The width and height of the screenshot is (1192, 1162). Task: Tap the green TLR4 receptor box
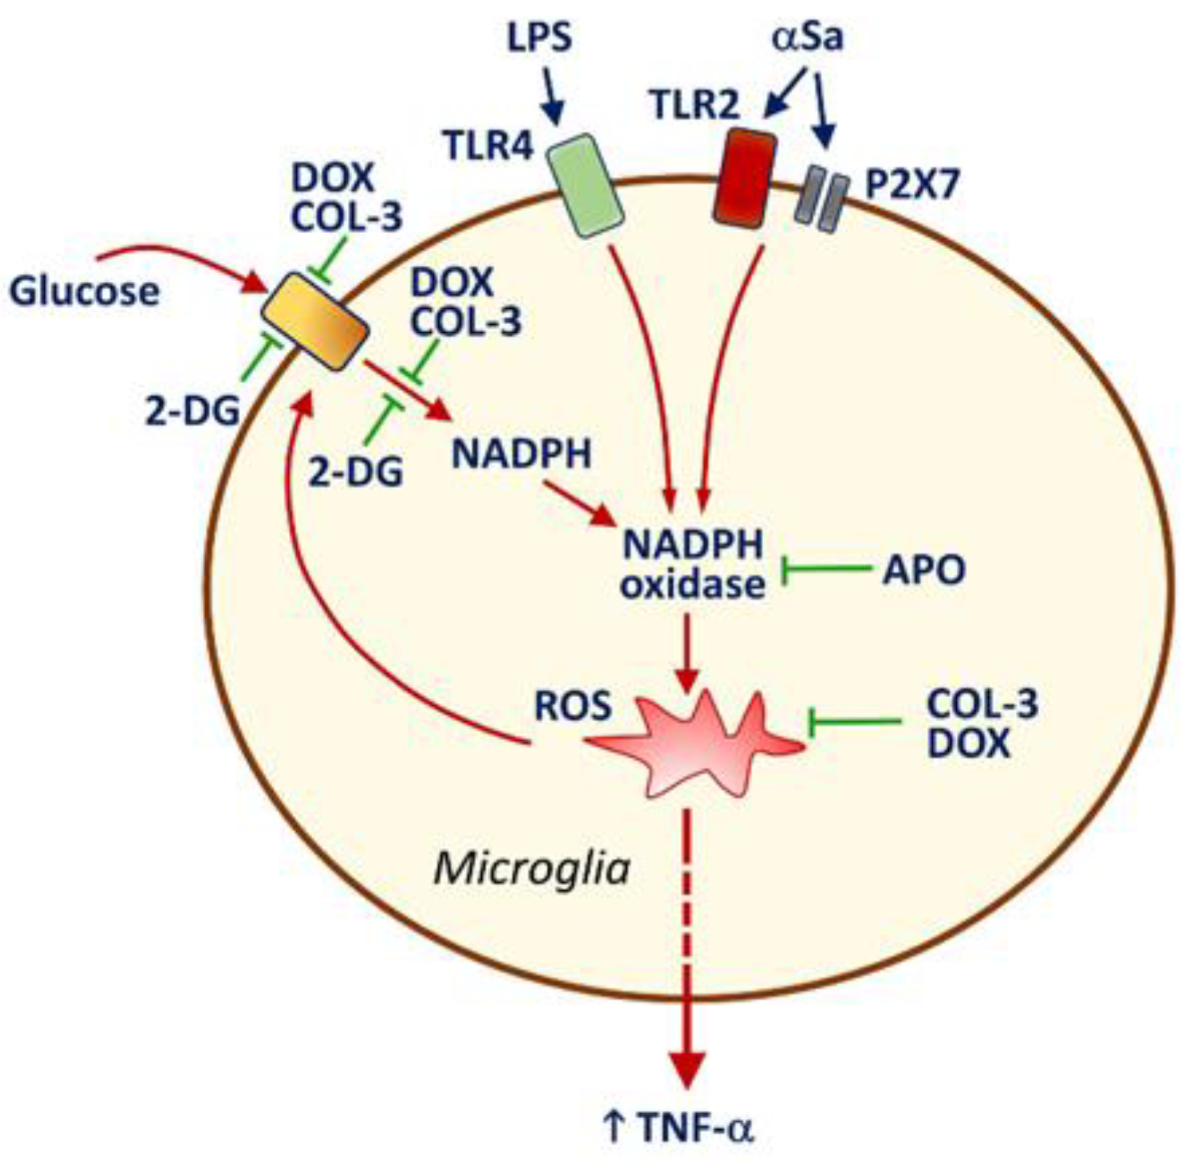coord(586,186)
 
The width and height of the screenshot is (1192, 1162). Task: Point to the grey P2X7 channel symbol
coord(818,199)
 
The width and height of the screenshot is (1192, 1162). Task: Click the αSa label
coord(807,37)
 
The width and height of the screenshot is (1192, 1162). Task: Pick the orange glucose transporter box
coord(315,321)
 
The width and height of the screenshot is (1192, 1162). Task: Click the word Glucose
coord(84,291)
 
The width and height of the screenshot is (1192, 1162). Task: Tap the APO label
coord(923,571)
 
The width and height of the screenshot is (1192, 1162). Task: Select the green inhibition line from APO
coord(827,570)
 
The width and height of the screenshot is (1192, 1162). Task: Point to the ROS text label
coord(573,706)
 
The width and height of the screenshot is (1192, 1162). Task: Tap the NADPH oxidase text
coord(692,565)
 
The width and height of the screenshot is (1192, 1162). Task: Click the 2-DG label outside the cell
coord(192,411)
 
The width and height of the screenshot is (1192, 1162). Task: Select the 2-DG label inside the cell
coord(355,473)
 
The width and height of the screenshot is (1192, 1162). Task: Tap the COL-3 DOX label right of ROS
coord(981,723)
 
